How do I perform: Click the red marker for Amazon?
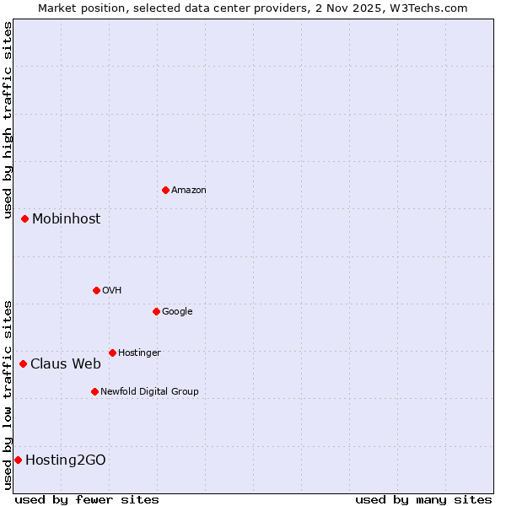point(165,190)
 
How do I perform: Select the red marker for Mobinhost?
point(25,218)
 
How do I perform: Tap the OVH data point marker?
point(96,290)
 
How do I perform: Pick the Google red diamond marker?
point(156,311)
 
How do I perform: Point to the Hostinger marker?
point(112,353)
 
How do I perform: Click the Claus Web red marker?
point(24,363)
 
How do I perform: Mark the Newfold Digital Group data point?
point(94,391)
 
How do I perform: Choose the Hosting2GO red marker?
point(18,460)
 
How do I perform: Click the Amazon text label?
point(189,191)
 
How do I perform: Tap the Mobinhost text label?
point(66,219)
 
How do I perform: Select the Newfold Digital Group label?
point(149,391)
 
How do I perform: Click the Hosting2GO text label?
point(66,460)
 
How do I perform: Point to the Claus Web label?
point(66,364)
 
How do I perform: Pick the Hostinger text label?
point(139,353)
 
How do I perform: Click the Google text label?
point(177,312)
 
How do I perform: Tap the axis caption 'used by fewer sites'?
point(87,499)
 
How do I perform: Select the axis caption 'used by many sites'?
point(423,499)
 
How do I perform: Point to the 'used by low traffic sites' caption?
point(8,394)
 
